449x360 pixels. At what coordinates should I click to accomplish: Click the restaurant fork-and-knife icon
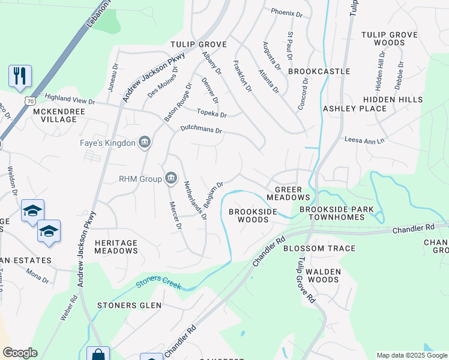(x=20, y=76)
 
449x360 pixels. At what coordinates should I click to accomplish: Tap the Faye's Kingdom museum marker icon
(x=144, y=142)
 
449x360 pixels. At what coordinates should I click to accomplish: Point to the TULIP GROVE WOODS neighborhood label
(x=389, y=38)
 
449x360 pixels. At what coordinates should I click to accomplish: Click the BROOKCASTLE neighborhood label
(x=319, y=71)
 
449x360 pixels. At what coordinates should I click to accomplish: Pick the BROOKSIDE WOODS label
(x=253, y=215)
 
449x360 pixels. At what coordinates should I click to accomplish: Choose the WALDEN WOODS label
(x=324, y=276)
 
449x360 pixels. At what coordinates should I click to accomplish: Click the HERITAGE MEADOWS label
(x=116, y=247)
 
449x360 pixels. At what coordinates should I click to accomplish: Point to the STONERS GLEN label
(x=129, y=305)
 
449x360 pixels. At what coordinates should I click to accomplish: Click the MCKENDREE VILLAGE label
(x=55, y=115)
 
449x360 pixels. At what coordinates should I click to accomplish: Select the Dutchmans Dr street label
(x=202, y=130)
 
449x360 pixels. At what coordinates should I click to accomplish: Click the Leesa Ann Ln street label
(x=364, y=139)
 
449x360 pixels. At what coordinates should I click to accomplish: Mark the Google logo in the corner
(x=20, y=353)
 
